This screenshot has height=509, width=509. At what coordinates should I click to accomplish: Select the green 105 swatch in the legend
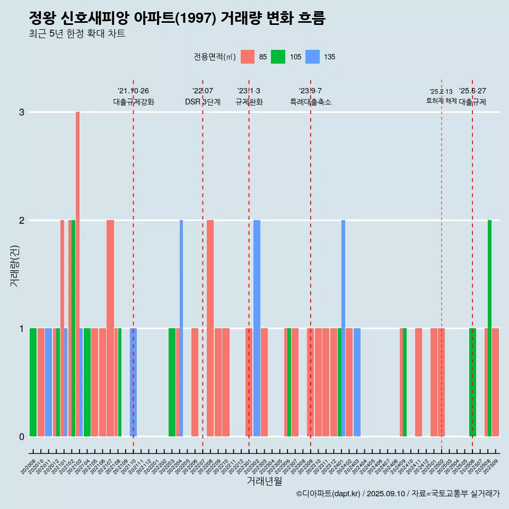click(278, 57)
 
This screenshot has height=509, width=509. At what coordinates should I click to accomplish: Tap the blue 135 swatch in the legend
click(313, 57)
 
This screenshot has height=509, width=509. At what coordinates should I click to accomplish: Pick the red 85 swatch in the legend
click(248, 57)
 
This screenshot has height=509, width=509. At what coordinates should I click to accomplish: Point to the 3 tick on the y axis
click(22, 112)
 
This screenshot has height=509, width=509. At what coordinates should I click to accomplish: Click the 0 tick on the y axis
click(22, 436)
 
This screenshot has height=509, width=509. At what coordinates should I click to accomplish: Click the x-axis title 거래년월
click(264, 481)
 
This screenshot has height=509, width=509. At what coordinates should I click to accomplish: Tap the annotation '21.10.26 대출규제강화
click(133, 96)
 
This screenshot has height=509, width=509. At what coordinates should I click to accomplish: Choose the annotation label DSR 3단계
click(203, 102)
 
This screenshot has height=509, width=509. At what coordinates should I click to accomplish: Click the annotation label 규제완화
click(249, 102)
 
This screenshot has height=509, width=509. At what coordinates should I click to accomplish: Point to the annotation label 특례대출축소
click(310, 102)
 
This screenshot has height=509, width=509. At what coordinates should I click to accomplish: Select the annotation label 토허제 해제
click(441, 100)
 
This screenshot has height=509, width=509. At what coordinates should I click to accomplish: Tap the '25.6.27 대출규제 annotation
click(472, 96)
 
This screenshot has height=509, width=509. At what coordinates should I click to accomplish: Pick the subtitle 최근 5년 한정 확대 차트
click(77, 34)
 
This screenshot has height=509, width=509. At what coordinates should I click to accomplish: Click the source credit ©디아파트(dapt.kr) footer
click(398, 494)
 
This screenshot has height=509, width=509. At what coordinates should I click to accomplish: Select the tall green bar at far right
click(489, 328)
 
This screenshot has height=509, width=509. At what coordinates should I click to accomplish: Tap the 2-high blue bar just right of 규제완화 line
click(257, 328)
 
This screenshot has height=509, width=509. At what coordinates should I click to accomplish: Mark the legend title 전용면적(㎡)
click(214, 57)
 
